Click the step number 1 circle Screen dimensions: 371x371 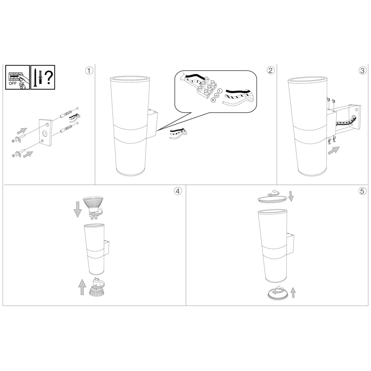coord(89,71)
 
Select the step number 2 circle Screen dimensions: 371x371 coord(271,71)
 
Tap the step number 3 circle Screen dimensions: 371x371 coord(363,71)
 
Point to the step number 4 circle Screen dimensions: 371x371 coord(178,191)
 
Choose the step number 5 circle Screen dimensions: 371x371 coord(362,191)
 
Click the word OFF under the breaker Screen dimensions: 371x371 coord(13,83)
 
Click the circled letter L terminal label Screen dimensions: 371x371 coord(220,91)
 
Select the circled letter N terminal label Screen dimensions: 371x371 coord(213,100)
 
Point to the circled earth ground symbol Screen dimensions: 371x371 coord(216,95)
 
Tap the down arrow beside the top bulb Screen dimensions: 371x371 coord(78,209)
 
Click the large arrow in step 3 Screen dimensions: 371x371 coord(334,150)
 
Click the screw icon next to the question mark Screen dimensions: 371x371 coord(35,78)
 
